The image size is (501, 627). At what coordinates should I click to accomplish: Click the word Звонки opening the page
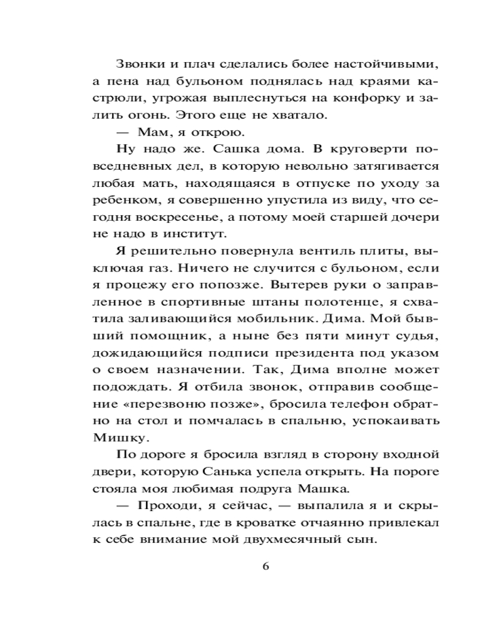135,64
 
